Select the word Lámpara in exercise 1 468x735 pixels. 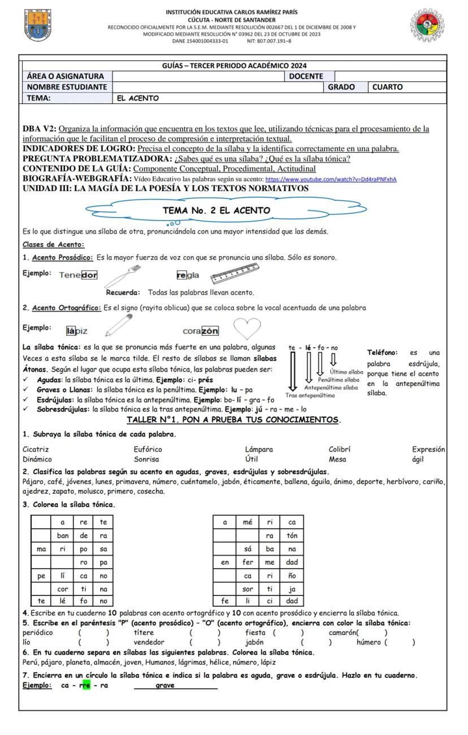(x=259, y=449)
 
